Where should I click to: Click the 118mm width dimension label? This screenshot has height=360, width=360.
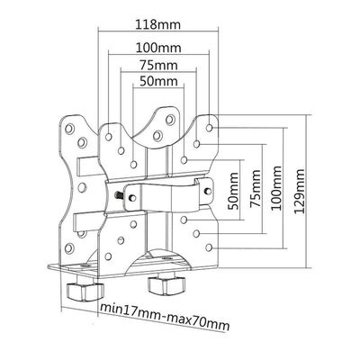click(x=158, y=24)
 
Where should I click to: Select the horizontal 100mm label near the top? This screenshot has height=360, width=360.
click(x=158, y=48)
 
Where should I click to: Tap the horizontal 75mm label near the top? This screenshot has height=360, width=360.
click(x=158, y=65)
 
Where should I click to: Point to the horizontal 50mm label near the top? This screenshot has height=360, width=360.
click(x=158, y=81)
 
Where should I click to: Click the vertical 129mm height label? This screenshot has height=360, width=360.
click(x=299, y=192)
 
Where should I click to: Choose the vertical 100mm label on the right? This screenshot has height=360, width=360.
click(x=276, y=188)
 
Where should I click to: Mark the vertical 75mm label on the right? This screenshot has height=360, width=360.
click(x=256, y=188)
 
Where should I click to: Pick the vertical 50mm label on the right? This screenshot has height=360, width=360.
click(x=233, y=191)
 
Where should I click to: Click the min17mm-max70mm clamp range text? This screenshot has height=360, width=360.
click(x=165, y=317)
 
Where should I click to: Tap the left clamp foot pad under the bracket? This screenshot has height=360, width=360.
click(x=85, y=291)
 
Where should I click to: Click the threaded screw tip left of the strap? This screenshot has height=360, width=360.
click(x=118, y=195)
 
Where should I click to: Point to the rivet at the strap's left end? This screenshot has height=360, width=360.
click(x=132, y=198)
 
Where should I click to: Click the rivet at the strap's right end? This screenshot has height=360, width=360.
click(x=207, y=190)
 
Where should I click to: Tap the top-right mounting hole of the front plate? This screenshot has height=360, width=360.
click(x=210, y=128)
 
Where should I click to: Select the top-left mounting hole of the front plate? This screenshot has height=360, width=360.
click(x=109, y=137)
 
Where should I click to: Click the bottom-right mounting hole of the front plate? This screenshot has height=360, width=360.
click(x=210, y=247)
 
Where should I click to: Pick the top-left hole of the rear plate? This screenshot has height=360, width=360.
click(x=69, y=129)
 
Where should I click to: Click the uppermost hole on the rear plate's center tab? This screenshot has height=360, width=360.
click(x=170, y=120)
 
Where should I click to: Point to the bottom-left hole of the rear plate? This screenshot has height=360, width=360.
click(x=69, y=247)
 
